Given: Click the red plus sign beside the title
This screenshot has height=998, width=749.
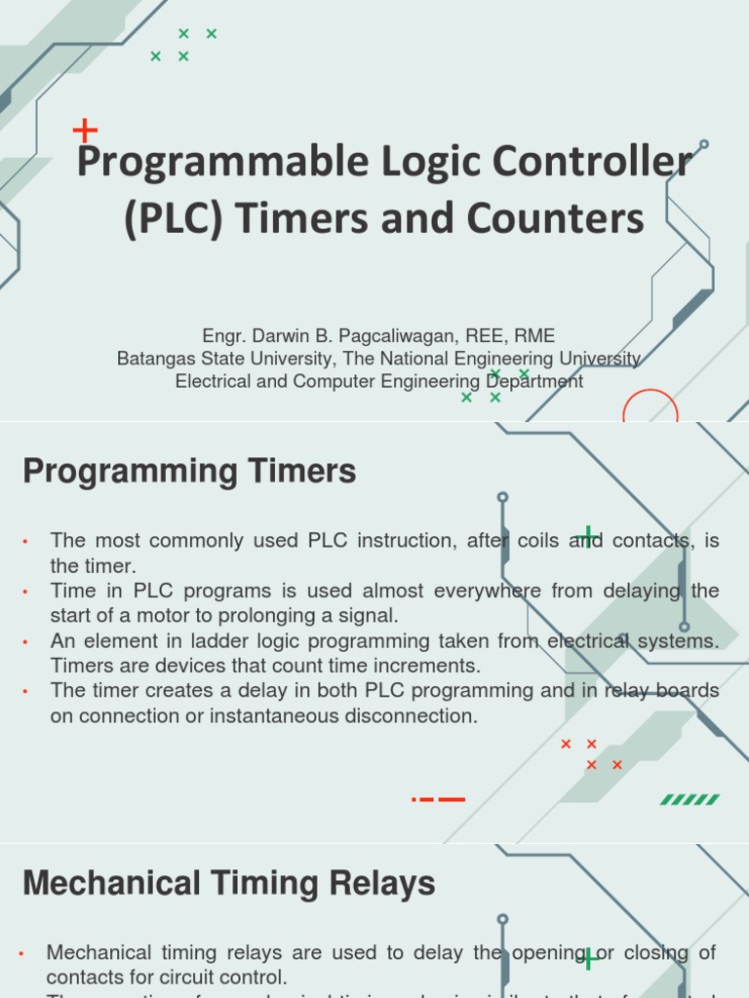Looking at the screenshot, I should (86, 130).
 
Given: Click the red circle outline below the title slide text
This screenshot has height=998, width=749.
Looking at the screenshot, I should (650, 407).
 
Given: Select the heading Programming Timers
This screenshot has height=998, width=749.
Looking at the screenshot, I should (189, 472).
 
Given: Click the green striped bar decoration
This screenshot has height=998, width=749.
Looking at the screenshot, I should (690, 799).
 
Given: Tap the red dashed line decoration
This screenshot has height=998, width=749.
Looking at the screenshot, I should (439, 799).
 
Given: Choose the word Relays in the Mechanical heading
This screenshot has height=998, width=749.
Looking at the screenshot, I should (377, 884).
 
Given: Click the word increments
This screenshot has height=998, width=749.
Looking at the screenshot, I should (428, 667).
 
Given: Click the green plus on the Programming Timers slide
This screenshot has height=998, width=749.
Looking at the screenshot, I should (587, 536).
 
